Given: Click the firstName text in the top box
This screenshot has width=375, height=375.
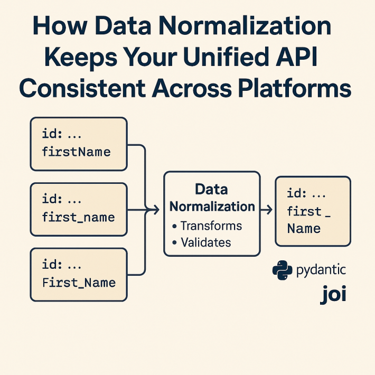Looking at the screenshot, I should [x=76, y=152].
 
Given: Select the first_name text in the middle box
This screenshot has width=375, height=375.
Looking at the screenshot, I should [x=78, y=217].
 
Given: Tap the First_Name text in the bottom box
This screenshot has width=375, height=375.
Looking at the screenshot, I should [x=78, y=282].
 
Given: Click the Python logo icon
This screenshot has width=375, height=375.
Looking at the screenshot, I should [x=282, y=270].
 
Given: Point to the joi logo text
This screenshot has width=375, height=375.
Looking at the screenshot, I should [x=333, y=294].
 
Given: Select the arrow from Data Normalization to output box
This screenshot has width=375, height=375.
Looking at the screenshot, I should [x=267, y=210].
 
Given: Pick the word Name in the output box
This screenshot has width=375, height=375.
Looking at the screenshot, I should [x=304, y=229].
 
